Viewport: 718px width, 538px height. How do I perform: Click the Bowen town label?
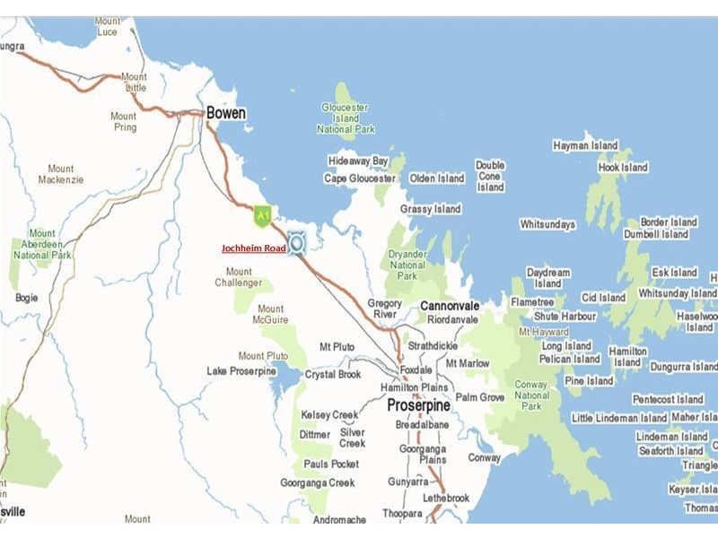coord(225,114)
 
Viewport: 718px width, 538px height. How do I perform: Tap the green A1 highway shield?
coord(262,215)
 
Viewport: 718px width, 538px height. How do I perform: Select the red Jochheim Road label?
coord(254,248)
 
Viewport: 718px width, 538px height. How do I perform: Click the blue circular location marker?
coord(296,243)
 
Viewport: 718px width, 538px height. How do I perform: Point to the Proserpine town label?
coord(418,405)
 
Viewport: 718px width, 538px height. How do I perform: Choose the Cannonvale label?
coord(450,306)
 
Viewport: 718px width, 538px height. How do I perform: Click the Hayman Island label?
coord(585,145)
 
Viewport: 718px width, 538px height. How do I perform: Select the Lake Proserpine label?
coord(241,371)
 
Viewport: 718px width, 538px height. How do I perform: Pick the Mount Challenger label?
coord(239,277)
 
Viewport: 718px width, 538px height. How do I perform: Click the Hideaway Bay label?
coord(358,161)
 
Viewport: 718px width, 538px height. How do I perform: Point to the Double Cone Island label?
coord(490,177)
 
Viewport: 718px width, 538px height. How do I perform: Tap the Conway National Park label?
coord(532,395)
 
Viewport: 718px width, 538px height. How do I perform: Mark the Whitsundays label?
coord(547,224)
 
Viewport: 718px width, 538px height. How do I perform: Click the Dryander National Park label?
coord(407,265)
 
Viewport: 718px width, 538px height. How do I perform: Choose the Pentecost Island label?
coord(668,399)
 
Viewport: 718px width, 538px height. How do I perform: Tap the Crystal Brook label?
coord(333,374)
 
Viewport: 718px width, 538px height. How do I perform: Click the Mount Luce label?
coord(108,27)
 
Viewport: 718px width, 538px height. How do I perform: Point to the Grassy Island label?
coord(430,209)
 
